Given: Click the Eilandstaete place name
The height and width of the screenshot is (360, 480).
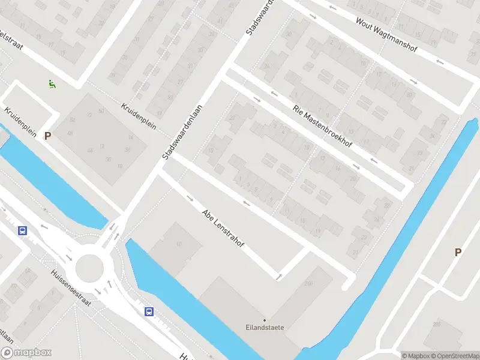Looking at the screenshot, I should [265, 328].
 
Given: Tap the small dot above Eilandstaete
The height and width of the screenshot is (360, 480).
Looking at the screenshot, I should [265, 320].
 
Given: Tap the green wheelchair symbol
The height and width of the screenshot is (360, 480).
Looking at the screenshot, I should [52, 85].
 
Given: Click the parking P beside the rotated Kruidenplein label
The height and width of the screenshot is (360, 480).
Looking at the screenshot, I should [47, 136].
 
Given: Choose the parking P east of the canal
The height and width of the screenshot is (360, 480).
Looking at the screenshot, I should [458, 253].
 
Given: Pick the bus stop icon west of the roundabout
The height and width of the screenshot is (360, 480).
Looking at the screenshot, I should [23, 230].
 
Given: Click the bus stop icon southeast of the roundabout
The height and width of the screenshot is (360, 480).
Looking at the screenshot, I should [148, 311].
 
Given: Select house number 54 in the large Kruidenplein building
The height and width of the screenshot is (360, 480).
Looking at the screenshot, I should [72, 120].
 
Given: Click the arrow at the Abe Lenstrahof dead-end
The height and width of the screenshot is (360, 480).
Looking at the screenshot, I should [278, 276].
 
